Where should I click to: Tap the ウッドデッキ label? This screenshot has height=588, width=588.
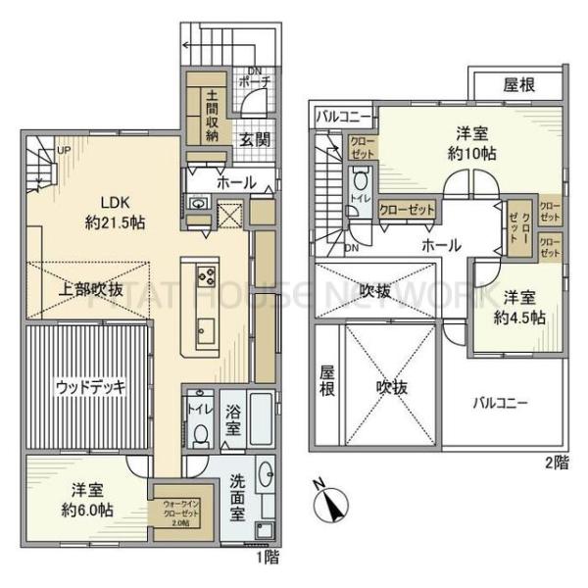pyautogui.click(x=90, y=385)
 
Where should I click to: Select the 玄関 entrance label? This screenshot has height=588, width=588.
pyautogui.click(x=255, y=138)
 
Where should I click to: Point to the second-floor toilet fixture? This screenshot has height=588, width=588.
pyautogui.click(x=361, y=184)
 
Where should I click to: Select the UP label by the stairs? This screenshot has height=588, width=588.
pyautogui.click(x=64, y=151)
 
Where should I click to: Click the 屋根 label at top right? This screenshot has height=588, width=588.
pyautogui.click(x=518, y=85)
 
